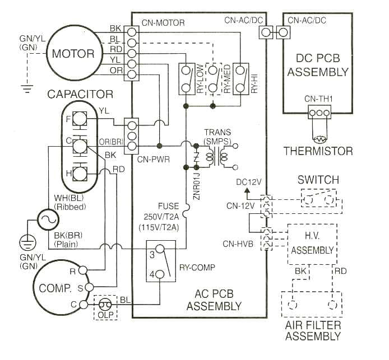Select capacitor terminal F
[80, 119]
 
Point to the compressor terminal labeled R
[83, 270]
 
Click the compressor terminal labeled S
[83, 287]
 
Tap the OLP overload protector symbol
[105, 305]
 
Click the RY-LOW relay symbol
[186, 79]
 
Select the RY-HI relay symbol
[240, 79]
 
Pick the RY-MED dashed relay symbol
[213, 79]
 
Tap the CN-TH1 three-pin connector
[319, 112]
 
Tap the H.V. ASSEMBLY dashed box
[311, 244]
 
